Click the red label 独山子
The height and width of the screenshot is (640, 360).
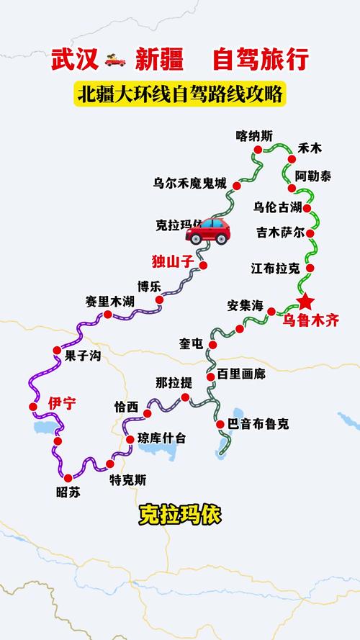(173, 261)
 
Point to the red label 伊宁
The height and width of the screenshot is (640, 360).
(62, 403)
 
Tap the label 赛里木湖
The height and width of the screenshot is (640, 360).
(109, 300)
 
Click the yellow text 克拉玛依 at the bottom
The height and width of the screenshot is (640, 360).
(180, 515)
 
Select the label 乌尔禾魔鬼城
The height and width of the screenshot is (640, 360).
(189, 184)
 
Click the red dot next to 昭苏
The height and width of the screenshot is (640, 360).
(68, 477)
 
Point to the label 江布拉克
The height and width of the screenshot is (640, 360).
(275, 269)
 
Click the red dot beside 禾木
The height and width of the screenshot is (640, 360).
(292, 159)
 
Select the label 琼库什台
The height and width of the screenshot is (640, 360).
(161, 438)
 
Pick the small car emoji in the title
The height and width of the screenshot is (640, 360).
(116, 59)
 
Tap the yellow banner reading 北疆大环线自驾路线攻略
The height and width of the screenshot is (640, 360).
(180, 95)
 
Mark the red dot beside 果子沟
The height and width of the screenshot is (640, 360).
(57, 350)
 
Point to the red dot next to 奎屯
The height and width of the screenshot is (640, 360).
(211, 346)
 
